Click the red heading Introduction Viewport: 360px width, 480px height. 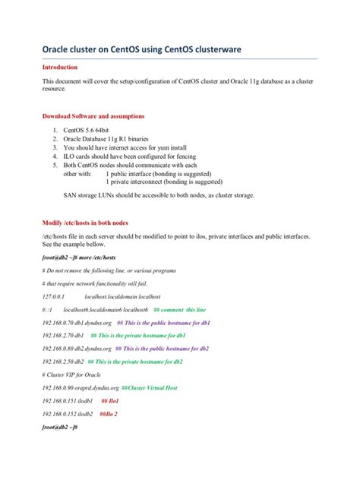[x=63, y=67]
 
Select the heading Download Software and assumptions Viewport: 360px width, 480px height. [x=93, y=116]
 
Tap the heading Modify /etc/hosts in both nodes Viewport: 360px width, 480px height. [x=85, y=223]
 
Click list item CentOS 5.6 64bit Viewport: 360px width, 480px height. [x=90, y=131]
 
